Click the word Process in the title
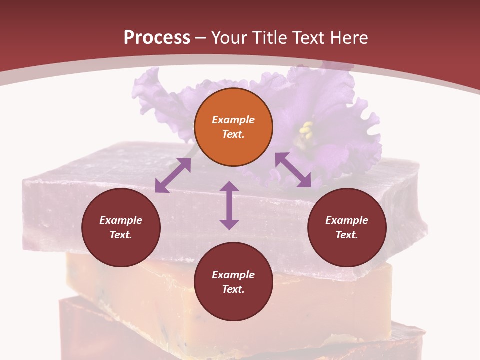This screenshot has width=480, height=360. pos(157,38)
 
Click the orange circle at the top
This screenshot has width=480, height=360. pos(233,127)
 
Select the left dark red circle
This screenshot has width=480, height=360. pos(121,228)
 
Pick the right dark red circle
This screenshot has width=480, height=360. pos(347,228)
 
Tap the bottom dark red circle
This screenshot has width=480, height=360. pos(233,282)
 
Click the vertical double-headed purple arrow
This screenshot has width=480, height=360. pos(229,205)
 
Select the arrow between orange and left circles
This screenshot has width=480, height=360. pos(173,175)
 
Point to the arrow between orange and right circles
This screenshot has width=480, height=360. pos(293,170)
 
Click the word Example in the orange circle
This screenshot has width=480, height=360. pos(233,120)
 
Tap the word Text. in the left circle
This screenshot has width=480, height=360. pos(121,235)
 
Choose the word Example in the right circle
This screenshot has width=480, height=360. pos(347,220)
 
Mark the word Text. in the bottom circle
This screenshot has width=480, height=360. pos(233,289)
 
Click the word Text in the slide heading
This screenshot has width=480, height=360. pos(310,38)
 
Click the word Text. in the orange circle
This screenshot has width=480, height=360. pos(233,134)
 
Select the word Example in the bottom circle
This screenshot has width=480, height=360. pos(233,275)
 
